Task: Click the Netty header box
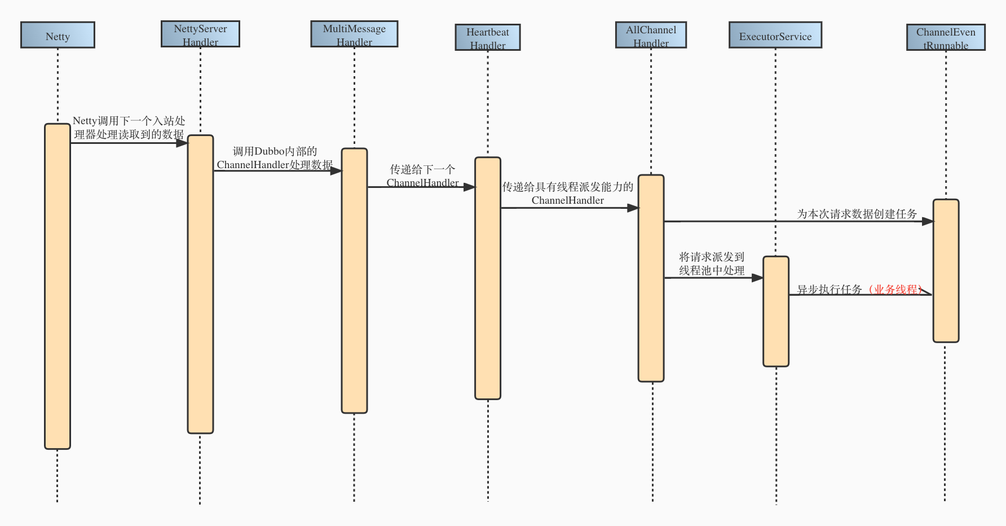point(58,35)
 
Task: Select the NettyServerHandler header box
point(200,34)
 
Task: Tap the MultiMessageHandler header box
point(354,34)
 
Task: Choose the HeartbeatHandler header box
point(488,37)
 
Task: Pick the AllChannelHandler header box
point(651,35)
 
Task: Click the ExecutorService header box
point(775,35)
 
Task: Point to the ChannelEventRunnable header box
point(946,37)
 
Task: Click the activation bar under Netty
point(58,286)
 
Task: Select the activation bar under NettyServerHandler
point(200,284)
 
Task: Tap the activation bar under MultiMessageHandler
point(354,280)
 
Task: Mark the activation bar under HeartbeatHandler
point(488,278)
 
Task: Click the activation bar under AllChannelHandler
point(651,278)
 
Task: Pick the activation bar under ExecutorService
point(776,312)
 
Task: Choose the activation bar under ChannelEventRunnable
point(946,271)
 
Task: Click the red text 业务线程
point(895,290)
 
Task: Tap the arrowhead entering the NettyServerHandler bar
point(182,143)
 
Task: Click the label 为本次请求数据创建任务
point(857,214)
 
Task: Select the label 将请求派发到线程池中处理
point(712,264)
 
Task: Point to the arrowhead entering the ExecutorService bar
point(757,278)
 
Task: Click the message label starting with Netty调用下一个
point(129,128)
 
